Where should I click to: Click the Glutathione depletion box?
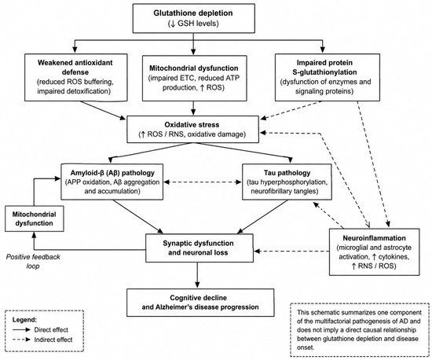click(x=194, y=18)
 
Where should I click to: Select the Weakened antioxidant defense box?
click(x=76, y=78)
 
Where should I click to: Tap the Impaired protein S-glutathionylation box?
click(x=328, y=77)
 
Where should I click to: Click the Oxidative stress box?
click(x=192, y=129)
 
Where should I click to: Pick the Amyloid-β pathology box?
click(x=112, y=182)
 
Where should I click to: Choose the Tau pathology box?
click(x=287, y=182)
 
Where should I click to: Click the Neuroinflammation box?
click(x=375, y=252)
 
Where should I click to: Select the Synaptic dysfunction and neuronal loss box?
click(x=200, y=248)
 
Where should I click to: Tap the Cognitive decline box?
click(x=200, y=303)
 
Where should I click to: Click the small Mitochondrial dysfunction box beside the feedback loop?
click(x=34, y=219)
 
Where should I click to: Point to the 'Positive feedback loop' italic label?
click(x=33, y=262)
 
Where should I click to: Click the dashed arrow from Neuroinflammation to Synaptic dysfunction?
click(x=291, y=251)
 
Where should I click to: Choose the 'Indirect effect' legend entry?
click(x=42, y=340)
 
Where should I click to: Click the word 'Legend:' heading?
click(x=24, y=320)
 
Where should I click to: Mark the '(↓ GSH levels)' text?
click(x=193, y=24)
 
